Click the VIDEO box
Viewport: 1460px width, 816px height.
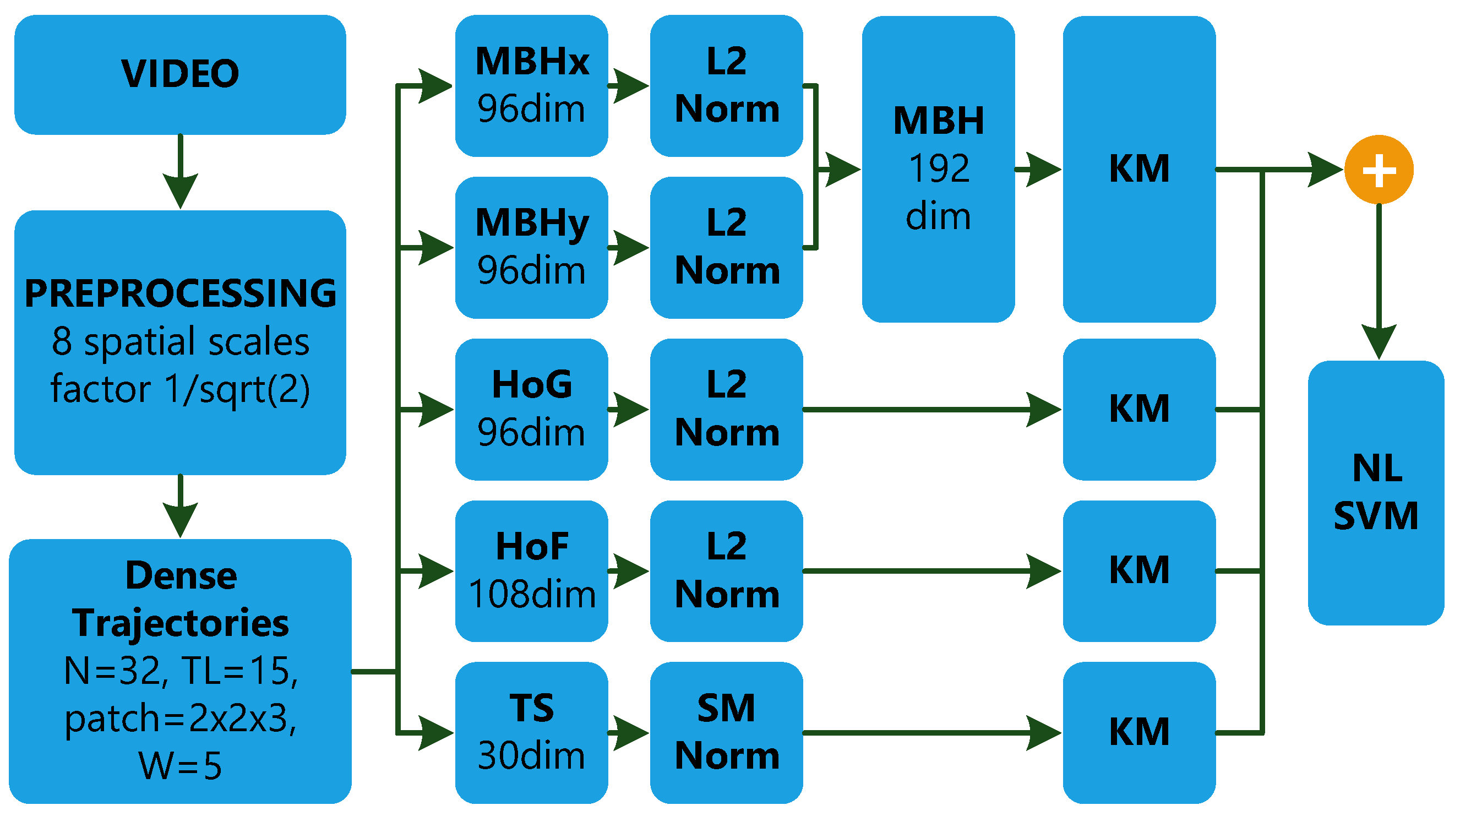point(180,74)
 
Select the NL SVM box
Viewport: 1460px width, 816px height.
point(1376,492)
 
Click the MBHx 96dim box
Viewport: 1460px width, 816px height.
point(531,85)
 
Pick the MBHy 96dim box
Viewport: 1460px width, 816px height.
point(531,247)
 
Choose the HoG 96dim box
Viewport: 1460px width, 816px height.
point(531,409)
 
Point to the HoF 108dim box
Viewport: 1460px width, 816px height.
point(531,570)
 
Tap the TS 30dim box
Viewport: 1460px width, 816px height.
point(531,732)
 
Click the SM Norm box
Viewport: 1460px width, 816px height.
point(726,732)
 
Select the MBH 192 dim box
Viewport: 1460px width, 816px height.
point(938,169)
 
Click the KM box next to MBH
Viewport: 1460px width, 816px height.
point(1138,169)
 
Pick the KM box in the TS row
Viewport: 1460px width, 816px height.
point(1138,732)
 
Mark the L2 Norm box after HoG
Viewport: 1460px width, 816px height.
point(726,409)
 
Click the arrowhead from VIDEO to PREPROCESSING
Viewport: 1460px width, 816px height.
point(180,190)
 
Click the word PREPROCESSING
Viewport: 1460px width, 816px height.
point(180,293)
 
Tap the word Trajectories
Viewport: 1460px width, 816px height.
point(180,623)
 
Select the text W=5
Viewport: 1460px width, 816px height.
point(180,765)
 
